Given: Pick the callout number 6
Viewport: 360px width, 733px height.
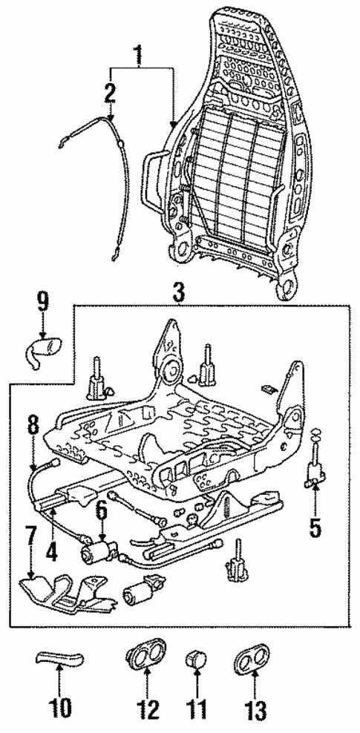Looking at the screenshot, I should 102,511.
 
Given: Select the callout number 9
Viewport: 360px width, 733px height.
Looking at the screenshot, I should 42,302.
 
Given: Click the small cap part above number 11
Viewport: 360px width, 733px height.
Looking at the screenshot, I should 195,657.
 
